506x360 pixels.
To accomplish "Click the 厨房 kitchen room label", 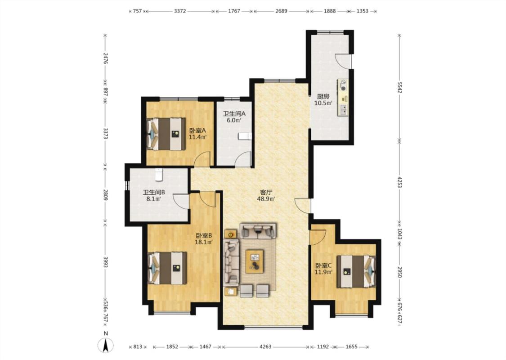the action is (323, 96).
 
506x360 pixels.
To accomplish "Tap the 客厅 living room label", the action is (266, 192).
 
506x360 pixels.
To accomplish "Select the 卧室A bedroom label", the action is (197, 130).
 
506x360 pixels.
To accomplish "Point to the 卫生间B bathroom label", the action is (154, 192).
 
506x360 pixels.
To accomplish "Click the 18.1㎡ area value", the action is (204, 242).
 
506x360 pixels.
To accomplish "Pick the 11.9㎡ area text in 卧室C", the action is (324, 272).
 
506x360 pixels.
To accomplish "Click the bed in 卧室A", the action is (166, 134).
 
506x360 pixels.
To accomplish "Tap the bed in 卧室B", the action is (167, 268).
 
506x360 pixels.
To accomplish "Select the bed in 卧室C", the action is (356, 271).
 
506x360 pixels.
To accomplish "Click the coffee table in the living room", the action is (254, 261).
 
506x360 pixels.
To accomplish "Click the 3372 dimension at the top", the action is (180, 11).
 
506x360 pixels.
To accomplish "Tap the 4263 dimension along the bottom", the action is (265, 347).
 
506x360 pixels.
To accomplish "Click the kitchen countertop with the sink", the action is (343, 98).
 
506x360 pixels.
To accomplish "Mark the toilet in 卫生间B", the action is (158, 174).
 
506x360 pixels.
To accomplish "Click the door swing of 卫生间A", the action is (243, 159).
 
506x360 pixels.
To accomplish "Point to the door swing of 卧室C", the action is (318, 237).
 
